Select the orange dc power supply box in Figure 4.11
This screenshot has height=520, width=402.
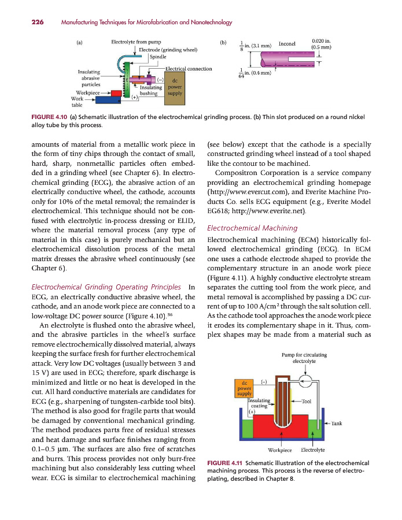tap(244, 388)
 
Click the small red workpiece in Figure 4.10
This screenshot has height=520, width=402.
tap(116, 93)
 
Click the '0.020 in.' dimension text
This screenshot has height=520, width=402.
tap(321, 40)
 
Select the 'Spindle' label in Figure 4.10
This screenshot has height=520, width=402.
tap(158, 57)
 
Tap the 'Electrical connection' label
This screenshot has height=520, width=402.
tap(189, 69)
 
